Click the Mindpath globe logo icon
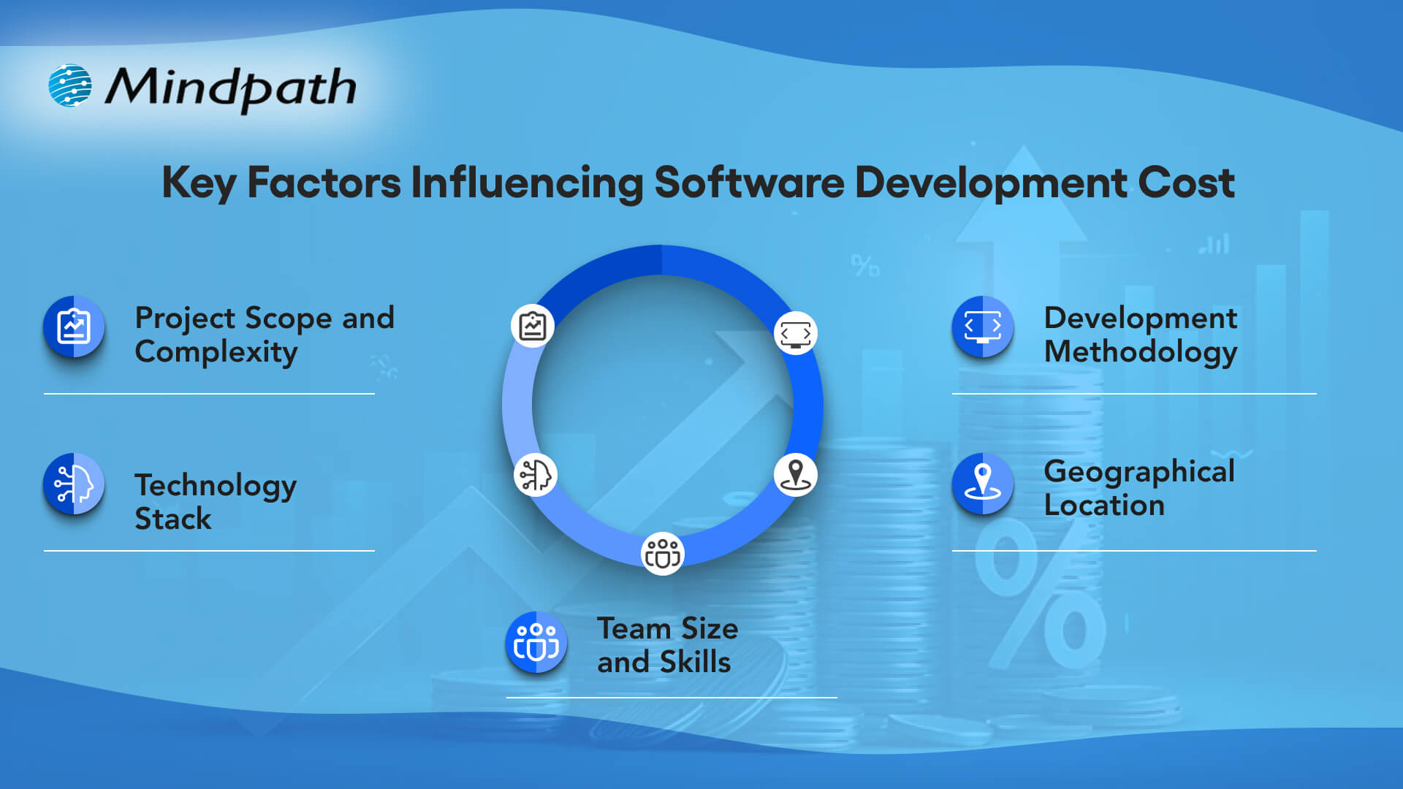(70, 85)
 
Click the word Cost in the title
(1186, 183)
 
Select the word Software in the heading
(749, 183)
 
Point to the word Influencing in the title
(527, 183)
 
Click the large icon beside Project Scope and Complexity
(74, 327)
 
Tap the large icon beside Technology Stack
(74, 484)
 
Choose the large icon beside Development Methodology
(983, 327)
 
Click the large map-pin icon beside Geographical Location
(983, 484)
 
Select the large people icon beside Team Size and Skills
(536, 643)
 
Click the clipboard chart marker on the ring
(533, 326)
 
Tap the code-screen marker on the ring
(796, 333)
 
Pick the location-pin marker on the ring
(796, 475)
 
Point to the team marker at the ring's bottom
(663, 554)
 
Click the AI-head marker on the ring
(536, 475)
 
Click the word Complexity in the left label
(216, 352)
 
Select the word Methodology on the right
(1141, 352)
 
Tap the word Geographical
(1139, 472)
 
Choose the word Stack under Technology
(173, 519)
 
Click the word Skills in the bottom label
(695, 662)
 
